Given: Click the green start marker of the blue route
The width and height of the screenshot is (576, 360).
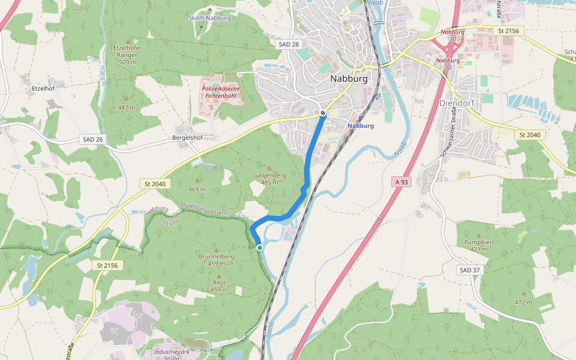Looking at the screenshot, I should (260, 247).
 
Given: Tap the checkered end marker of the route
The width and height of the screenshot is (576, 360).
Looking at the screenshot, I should (323, 113).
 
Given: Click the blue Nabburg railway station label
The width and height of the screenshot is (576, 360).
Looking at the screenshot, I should (361, 126).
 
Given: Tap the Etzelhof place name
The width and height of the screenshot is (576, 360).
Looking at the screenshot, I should (43, 88).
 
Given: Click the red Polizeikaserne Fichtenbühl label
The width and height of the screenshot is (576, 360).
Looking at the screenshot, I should (223, 92).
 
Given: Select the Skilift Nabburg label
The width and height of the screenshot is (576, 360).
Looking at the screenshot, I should (209, 18).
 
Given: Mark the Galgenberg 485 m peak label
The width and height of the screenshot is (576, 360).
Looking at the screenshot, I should (269, 178).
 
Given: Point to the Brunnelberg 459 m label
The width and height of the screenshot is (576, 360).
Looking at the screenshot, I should (216, 260).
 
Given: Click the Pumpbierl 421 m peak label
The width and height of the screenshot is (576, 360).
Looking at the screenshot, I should (478, 245).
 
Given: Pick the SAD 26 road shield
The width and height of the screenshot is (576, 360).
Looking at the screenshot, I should (91, 139).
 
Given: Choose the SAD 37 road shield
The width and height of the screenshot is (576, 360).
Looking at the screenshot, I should (469, 270).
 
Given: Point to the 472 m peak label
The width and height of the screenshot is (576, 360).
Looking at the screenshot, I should (523, 302).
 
